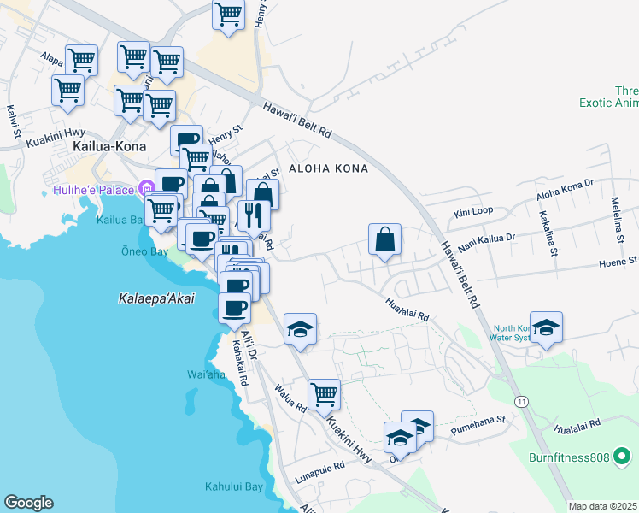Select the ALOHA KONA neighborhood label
coord(328,168)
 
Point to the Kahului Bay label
coord(233,487)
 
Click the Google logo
coord(28,503)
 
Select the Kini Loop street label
coord(474,210)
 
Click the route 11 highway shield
coord(520,401)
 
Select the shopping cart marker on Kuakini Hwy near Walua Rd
coord(324,394)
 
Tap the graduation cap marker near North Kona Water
coord(547,327)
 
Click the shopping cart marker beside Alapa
coord(82,60)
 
